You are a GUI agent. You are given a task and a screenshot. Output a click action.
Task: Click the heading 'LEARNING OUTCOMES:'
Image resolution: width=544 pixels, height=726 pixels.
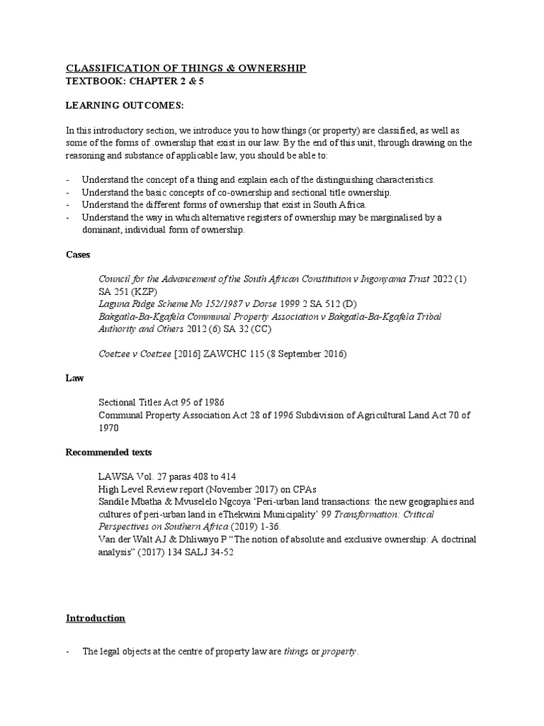pos(124,106)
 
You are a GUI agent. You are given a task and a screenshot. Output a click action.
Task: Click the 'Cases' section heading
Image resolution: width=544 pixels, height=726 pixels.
pos(77,254)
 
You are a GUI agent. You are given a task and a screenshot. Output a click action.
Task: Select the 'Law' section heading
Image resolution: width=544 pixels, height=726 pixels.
pos(74,378)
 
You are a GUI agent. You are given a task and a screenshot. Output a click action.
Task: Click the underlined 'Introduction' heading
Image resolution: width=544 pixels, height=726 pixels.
pos(96,618)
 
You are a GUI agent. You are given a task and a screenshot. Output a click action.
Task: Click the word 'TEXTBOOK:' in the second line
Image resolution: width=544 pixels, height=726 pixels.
pos(93,81)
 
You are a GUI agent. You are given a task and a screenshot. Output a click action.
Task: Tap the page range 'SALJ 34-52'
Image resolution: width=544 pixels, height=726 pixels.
pos(209,552)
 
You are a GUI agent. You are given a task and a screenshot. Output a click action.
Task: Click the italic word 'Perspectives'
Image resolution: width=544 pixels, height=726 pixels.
pos(125,527)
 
